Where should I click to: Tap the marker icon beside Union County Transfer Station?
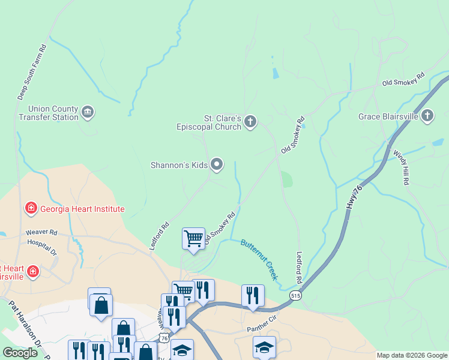point(88,112)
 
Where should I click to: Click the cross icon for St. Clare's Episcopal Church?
point(250,122)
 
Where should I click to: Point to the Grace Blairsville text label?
point(388,116)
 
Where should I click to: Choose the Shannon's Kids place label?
point(179,164)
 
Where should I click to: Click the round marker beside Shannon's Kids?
point(217,164)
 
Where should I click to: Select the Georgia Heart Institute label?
point(82,209)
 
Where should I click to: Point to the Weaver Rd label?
point(41,232)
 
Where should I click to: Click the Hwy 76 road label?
point(355,197)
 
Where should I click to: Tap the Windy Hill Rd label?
point(402,166)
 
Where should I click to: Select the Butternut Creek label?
point(260,259)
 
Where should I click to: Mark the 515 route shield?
point(295,296)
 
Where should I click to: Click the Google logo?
point(20,353)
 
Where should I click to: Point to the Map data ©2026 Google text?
point(412,355)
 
